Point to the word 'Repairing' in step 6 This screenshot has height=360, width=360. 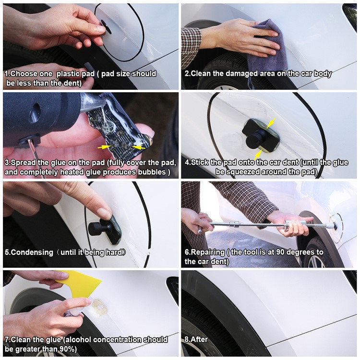coord(208,252)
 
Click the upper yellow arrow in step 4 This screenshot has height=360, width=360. coord(271,123)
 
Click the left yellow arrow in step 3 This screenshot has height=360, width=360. coord(104,146)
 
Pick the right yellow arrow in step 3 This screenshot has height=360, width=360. coord(138,146)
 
